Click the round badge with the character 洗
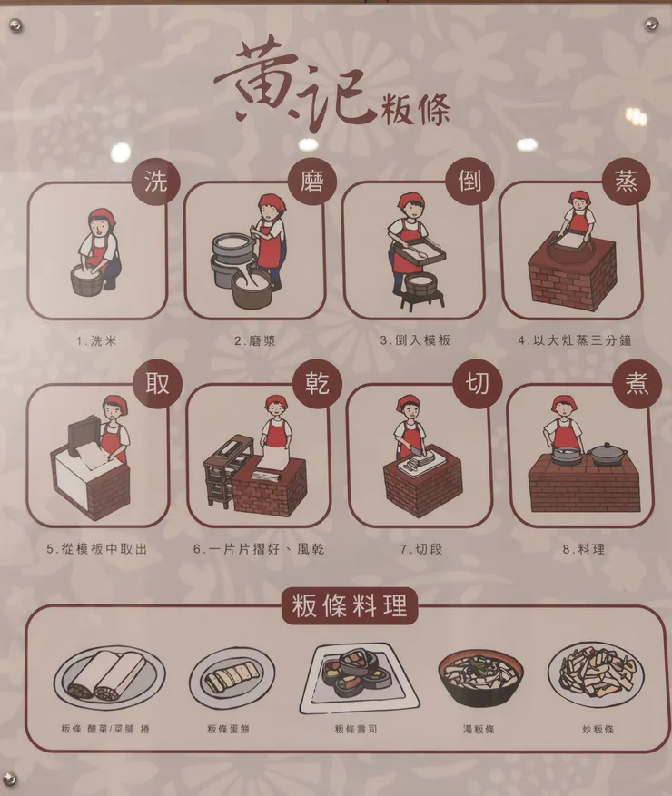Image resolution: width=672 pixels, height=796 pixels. pos(156,182)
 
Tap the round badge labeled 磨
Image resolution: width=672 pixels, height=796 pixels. pos(312,181)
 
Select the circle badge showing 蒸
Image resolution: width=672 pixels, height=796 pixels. pos(626,181)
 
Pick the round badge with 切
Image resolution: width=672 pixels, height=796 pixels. pos(478,384)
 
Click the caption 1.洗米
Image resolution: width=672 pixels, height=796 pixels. pos(96,341)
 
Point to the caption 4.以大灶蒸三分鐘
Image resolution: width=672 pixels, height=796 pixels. pos(575,340)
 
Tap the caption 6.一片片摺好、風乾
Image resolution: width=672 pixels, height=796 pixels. pos(259,549)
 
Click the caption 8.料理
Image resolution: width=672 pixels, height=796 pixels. pos(584,549)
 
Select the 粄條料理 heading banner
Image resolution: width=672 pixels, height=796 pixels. pos(350,605)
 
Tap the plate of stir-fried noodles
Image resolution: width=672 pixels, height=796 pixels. pos(597,674)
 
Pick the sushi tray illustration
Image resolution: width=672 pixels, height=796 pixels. pos(359,678)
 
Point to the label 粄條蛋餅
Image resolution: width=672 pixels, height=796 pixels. pos(228,729)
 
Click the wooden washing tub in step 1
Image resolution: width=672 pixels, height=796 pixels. pos(87,280)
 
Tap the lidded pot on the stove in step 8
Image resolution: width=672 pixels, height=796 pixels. pos(608,454)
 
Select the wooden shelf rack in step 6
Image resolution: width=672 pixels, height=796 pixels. pos(228,470)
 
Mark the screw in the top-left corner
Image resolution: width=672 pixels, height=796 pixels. pos(15,24)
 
